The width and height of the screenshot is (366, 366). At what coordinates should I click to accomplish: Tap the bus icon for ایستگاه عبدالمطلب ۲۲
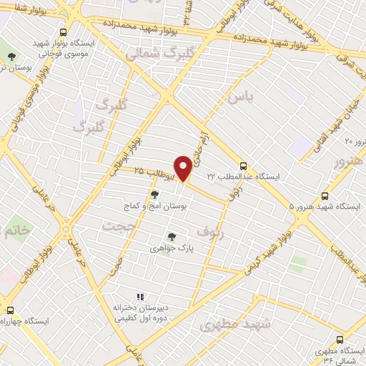tap(244, 164)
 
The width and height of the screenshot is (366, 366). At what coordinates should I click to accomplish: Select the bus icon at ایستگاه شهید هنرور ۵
tap(325, 195)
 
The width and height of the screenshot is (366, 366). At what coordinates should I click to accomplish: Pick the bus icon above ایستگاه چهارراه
tap(10, 310)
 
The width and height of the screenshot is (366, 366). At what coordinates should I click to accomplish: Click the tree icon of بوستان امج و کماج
tap(154, 193)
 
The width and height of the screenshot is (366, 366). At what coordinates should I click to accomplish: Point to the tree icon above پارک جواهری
tap(171, 237)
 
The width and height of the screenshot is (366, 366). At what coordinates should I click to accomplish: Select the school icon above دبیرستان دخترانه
tap(141, 297)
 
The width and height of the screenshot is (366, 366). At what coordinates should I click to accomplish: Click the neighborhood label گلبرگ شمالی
tap(149, 54)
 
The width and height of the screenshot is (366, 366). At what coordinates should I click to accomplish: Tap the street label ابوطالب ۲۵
tap(148, 171)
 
